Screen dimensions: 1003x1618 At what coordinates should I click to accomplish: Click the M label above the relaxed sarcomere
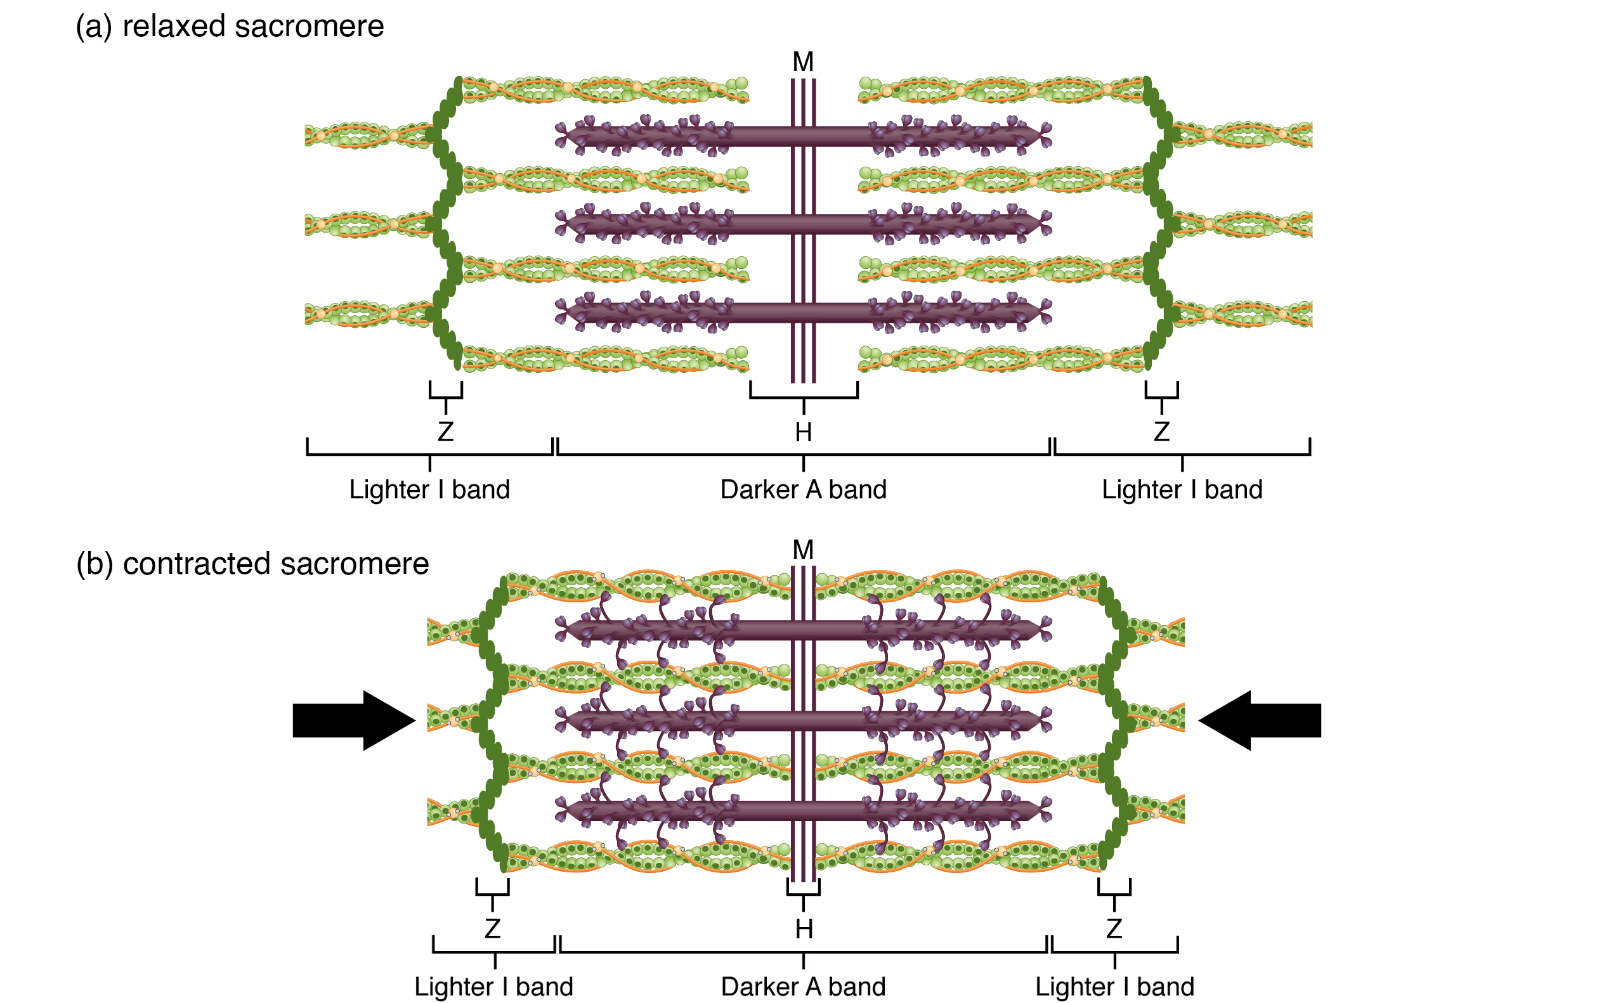(803, 62)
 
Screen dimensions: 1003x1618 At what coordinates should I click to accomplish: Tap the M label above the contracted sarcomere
(803, 550)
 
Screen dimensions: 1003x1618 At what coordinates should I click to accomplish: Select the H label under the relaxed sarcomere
(803, 432)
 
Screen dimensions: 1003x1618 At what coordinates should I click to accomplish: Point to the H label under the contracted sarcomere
(804, 929)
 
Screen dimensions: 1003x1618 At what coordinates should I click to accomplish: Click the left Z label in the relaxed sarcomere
(445, 432)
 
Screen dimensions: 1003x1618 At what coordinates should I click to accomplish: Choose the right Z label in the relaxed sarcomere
(1161, 432)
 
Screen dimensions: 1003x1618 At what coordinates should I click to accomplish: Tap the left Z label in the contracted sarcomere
(492, 929)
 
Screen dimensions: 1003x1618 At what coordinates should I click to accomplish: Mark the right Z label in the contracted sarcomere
(1114, 929)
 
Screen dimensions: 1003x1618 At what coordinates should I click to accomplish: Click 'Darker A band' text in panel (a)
(803, 489)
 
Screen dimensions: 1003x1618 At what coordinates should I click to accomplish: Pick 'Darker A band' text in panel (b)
(803, 987)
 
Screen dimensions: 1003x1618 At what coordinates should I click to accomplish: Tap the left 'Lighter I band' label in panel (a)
(429, 489)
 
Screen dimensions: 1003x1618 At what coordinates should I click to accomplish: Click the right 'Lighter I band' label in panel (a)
(1182, 489)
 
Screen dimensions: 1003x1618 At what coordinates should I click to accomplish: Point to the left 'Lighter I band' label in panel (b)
(493, 987)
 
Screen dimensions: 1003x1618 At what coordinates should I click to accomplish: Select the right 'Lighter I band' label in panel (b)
(1114, 987)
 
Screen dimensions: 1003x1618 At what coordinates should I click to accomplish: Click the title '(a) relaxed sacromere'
(230, 27)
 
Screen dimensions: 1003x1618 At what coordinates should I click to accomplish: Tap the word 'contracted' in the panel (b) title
(197, 564)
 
